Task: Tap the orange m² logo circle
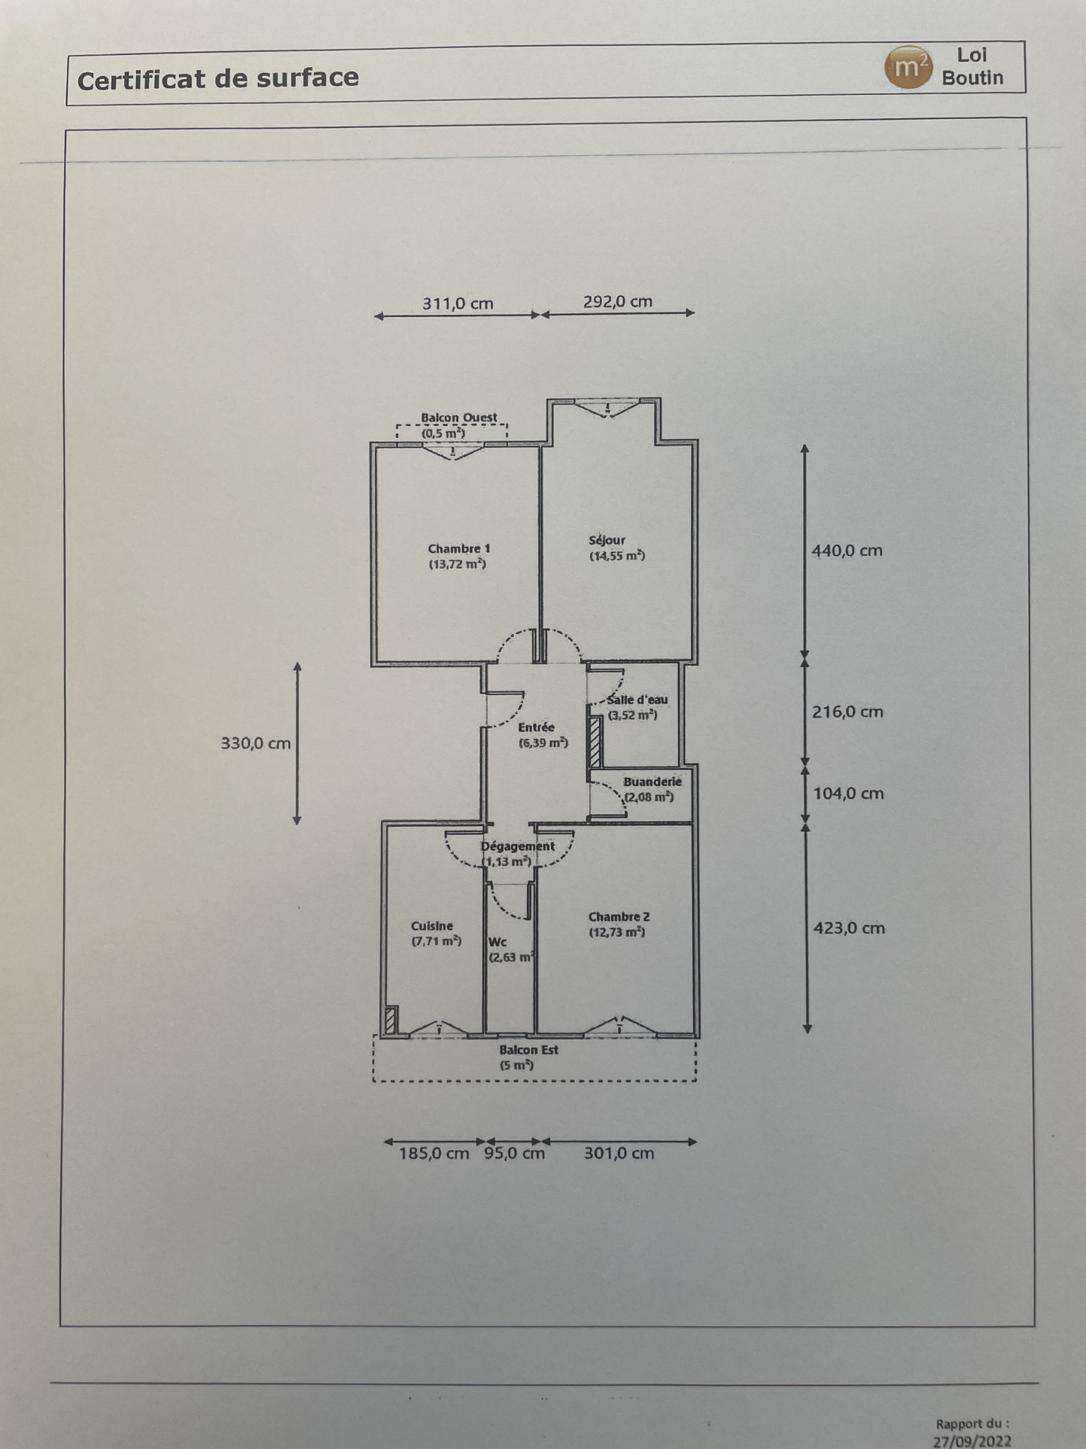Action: [x=908, y=68]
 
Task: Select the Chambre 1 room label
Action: [x=458, y=548]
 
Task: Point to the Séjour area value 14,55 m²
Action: [x=617, y=556]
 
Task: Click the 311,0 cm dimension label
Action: [x=458, y=304]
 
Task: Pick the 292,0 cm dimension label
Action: [x=618, y=301]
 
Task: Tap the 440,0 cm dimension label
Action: [x=847, y=551]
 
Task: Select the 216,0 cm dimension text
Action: [x=847, y=712]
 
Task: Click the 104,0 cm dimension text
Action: [x=848, y=793]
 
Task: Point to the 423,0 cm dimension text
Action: [x=849, y=928]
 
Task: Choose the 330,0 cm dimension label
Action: [x=255, y=743]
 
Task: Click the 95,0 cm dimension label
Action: [x=514, y=1153]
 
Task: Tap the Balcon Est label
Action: [x=528, y=1049]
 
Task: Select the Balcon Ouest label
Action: [x=459, y=417]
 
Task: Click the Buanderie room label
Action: [x=653, y=781]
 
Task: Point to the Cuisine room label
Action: [x=432, y=926]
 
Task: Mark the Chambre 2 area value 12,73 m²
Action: [x=617, y=932]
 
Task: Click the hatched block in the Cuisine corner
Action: [x=391, y=1020]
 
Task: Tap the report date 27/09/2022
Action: [x=972, y=1441]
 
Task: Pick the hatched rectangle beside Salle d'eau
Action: [x=595, y=742]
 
